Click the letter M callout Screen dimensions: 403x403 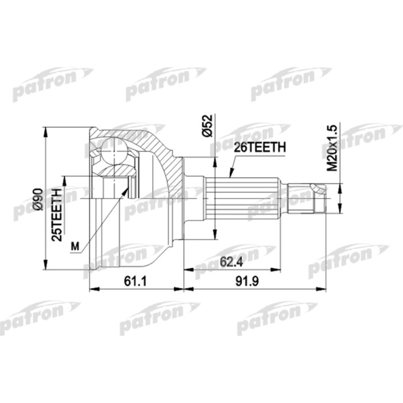(74, 247)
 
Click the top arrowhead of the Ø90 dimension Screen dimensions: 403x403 (46, 130)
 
